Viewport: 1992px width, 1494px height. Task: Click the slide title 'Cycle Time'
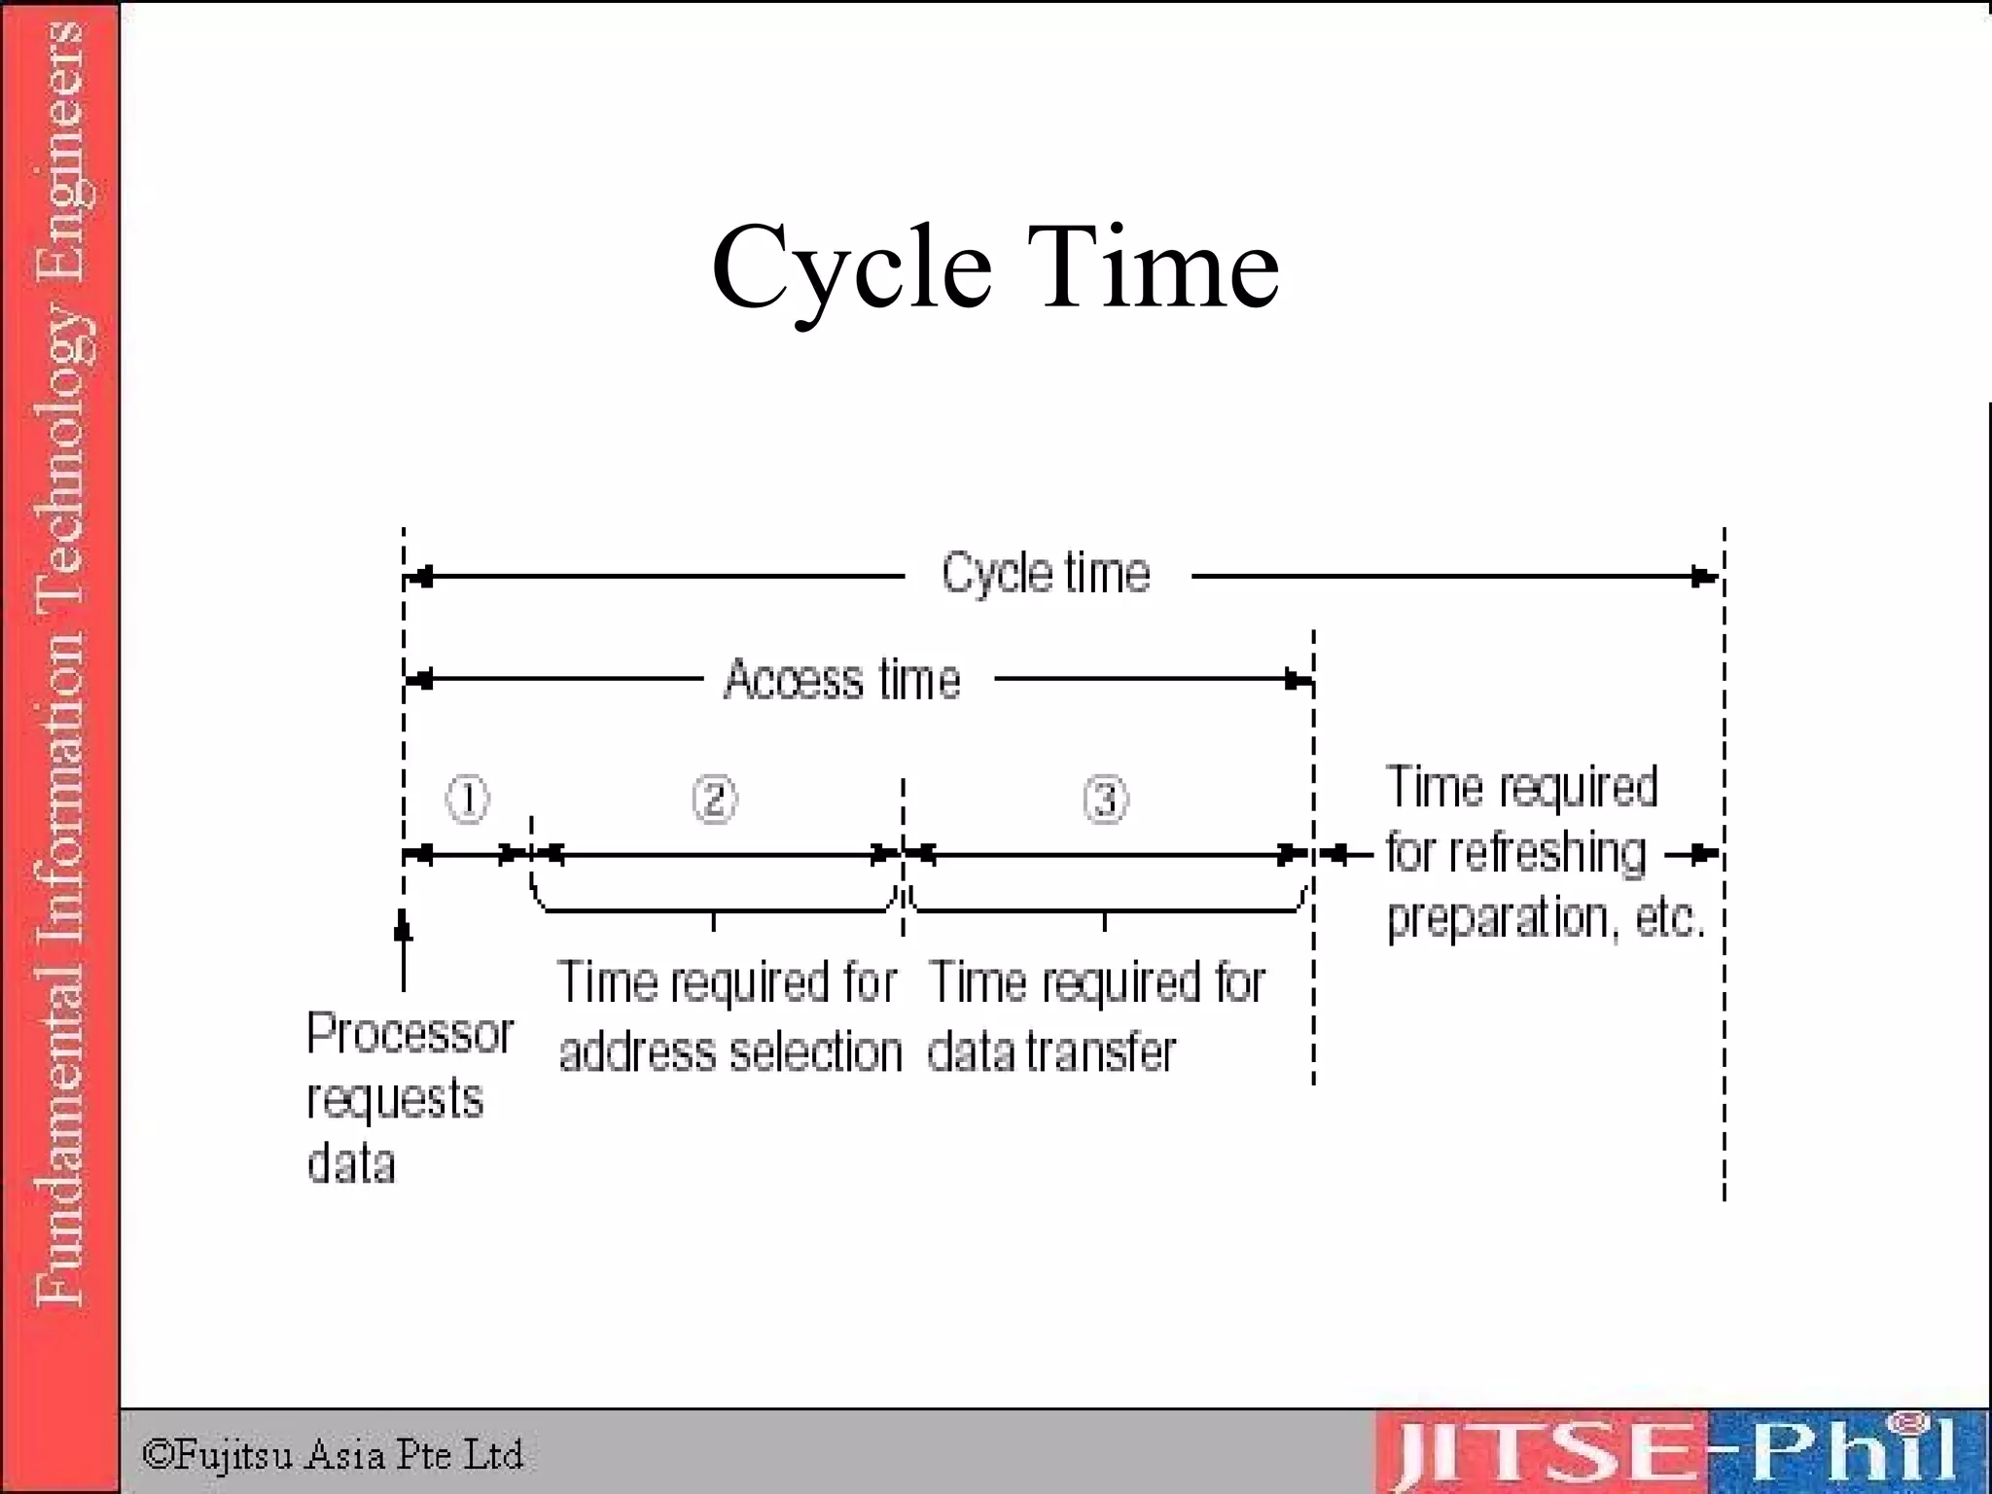click(995, 267)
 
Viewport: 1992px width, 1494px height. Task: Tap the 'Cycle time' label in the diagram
click(1046, 573)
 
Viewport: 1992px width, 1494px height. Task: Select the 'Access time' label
click(842, 679)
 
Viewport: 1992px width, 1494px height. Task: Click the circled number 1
click(467, 800)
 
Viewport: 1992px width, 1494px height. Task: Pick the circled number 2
click(715, 800)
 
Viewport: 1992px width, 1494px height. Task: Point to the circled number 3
click(1106, 800)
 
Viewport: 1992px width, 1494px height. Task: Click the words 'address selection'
click(730, 1053)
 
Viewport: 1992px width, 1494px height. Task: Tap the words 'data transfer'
click(1051, 1053)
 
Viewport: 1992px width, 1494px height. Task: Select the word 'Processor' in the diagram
click(409, 1033)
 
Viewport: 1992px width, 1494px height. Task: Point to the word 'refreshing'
click(1547, 853)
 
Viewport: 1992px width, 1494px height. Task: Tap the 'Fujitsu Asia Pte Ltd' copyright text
click(333, 1455)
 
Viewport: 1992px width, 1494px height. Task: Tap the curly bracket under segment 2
click(714, 908)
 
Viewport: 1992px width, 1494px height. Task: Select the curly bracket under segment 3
click(1106, 908)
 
